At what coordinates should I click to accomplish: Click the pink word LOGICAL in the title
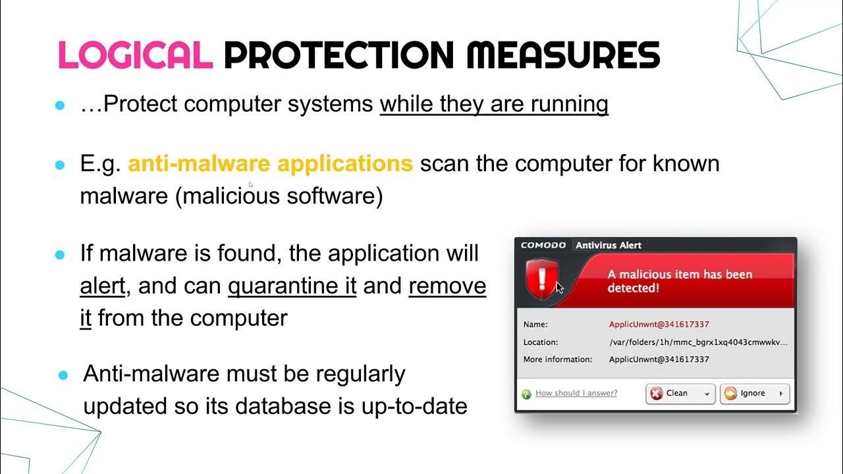tap(135, 55)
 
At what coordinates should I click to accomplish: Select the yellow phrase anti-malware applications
tap(270, 163)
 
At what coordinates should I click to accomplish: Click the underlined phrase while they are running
tap(494, 104)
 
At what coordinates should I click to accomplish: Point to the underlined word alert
tap(102, 286)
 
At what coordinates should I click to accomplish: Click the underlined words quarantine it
tap(292, 286)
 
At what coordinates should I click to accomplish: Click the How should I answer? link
tap(576, 393)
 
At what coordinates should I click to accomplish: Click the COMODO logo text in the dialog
tap(543, 246)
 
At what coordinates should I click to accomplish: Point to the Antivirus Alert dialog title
tap(609, 246)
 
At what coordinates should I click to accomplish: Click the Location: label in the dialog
tap(541, 342)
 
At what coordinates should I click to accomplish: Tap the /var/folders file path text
tap(698, 342)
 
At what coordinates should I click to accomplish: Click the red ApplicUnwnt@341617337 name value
tap(659, 325)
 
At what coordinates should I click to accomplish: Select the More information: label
tap(558, 359)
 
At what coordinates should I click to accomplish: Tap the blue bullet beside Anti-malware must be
tap(63, 375)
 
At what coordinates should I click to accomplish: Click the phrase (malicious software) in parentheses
tap(279, 196)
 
